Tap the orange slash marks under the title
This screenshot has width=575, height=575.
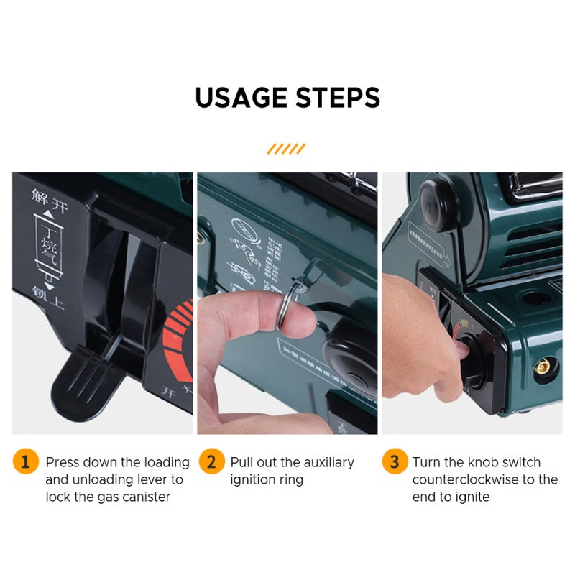286,149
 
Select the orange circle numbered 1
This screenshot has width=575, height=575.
25,461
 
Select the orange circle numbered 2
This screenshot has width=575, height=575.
211,461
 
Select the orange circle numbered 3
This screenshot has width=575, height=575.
394,461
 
